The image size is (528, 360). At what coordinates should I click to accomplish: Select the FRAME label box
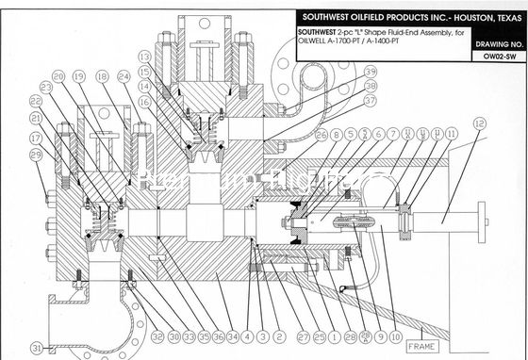421,346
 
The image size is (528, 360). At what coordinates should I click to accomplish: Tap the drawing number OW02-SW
499,57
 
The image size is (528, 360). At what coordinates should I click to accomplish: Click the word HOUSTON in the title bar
456,16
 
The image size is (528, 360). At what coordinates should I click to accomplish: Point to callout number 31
36,349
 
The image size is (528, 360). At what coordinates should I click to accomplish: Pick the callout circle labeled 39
370,72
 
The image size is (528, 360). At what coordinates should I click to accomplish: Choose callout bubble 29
35,154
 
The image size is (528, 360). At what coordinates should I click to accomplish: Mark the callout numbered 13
144,57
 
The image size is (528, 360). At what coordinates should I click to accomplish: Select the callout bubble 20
58,75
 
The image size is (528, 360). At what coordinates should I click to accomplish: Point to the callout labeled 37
370,100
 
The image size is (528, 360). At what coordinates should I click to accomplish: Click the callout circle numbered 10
395,335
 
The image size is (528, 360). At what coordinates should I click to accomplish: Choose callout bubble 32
157,335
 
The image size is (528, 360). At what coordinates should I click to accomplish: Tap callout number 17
35,138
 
